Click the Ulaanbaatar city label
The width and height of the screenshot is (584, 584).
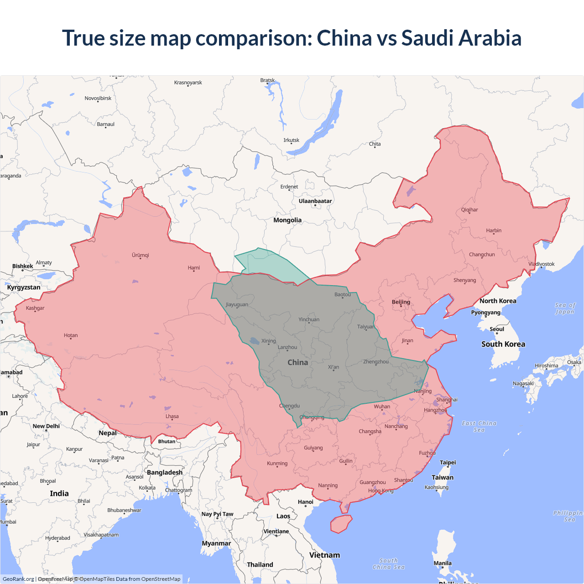pyautogui.click(x=315, y=201)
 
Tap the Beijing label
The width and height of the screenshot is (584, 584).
pyautogui.click(x=401, y=302)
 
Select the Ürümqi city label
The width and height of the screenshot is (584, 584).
pyautogui.click(x=141, y=255)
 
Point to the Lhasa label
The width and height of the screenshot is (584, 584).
pyautogui.click(x=172, y=416)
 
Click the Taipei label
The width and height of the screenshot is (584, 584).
pyautogui.click(x=448, y=462)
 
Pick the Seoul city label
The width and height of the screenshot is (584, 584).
pyautogui.click(x=497, y=329)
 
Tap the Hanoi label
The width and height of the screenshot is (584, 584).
pyautogui.click(x=306, y=502)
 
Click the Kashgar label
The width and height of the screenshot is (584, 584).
pyautogui.click(x=35, y=308)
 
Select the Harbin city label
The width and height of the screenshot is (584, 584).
pyautogui.click(x=494, y=230)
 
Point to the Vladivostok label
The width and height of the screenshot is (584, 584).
pyautogui.click(x=542, y=264)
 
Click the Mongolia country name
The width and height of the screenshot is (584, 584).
pyautogui.click(x=287, y=220)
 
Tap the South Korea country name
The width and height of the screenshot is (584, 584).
pyautogui.click(x=503, y=344)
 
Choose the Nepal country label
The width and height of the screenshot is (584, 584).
pyautogui.click(x=108, y=433)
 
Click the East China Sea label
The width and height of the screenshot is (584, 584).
pyautogui.click(x=479, y=426)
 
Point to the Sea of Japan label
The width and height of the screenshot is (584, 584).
pyautogui.click(x=565, y=308)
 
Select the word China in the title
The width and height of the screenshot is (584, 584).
pyautogui.click(x=344, y=38)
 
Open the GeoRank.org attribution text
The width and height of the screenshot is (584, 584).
pyautogui.click(x=18, y=579)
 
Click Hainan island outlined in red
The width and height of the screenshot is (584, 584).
pyautogui.click(x=341, y=524)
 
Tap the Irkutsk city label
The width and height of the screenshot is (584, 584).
pyautogui.click(x=291, y=140)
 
